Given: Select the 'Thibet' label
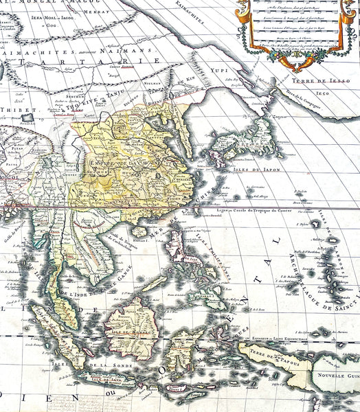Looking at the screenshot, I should click(14, 109).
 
